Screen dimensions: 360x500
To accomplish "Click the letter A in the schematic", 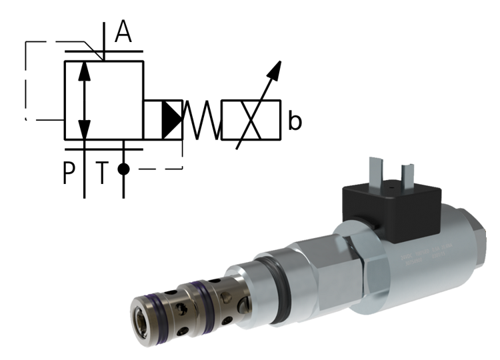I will pyautogui.click(x=123, y=32).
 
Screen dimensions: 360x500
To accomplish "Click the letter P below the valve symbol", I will pyautogui.click(x=69, y=174).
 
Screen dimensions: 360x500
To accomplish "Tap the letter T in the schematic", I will pyautogui.click(x=101, y=174).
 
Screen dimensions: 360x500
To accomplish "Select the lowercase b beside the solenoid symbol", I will pyautogui.click(x=295, y=121).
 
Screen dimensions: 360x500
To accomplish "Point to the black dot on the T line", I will pyautogui.click(x=123, y=169).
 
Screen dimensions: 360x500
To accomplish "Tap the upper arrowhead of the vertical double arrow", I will pyautogui.click(x=83, y=69).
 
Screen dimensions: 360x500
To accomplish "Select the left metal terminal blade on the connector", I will pyautogui.click(x=375, y=170).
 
